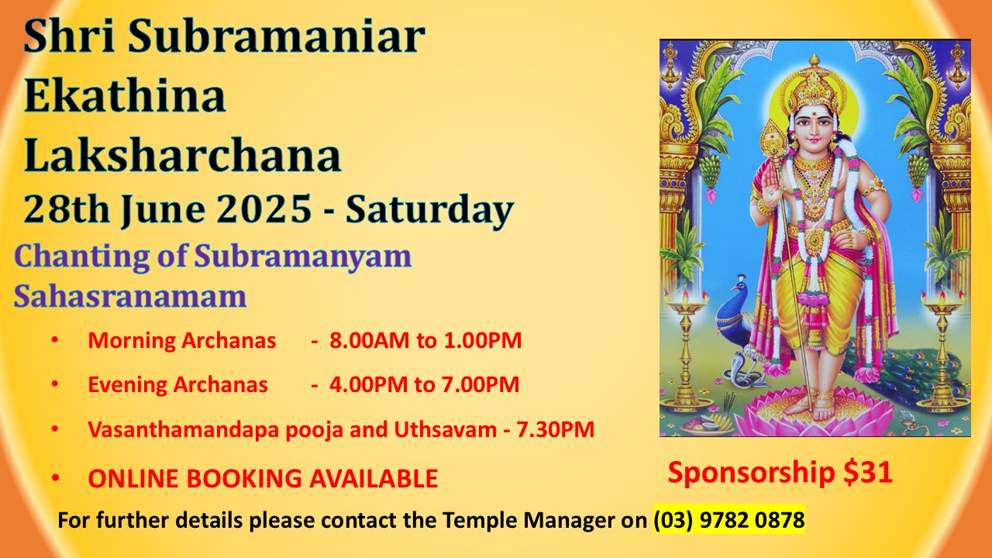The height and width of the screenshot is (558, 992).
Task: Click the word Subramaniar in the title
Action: point(277,36)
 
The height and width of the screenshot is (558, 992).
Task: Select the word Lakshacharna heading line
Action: point(182,156)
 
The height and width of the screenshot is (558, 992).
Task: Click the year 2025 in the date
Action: point(264,208)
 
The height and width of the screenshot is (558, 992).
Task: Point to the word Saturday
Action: point(429,211)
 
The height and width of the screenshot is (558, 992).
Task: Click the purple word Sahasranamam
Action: point(130,296)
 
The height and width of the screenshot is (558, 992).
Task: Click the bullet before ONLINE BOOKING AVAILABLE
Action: point(55,478)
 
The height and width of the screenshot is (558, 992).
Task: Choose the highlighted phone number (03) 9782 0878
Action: point(729,520)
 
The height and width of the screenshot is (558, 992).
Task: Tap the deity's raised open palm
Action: point(770,182)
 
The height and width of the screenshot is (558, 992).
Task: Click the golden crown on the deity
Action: point(814,82)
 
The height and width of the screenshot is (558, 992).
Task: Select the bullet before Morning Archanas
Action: point(55,340)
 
